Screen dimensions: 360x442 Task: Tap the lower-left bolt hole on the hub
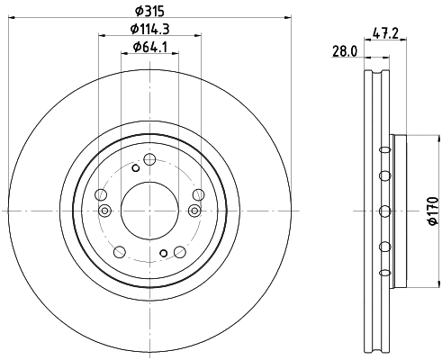coord(119,251)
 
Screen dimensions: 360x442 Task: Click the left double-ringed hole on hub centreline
coord(104,211)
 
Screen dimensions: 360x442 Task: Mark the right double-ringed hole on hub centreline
coord(194,211)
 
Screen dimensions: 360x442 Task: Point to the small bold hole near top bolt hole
coord(135,167)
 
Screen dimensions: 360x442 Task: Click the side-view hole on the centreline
coord(385,211)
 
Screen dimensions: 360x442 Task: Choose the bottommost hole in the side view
coord(385,273)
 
